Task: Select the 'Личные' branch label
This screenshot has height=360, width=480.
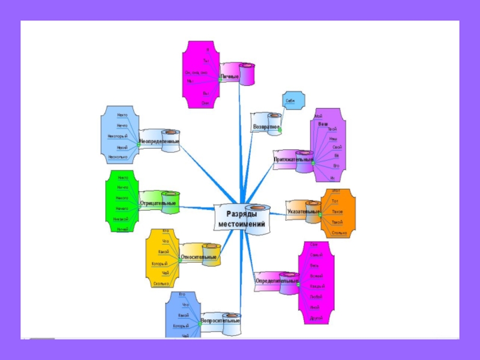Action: click(x=229, y=77)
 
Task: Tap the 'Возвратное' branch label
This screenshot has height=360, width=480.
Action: click(x=266, y=127)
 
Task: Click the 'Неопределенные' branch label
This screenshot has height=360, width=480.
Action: click(x=159, y=142)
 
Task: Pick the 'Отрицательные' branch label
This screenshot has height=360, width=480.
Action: click(x=158, y=203)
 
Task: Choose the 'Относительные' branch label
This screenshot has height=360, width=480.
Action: click(x=199, y=257)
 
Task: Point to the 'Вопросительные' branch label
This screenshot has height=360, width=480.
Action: click(x=220, y=321)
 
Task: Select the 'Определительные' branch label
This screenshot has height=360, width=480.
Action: click(x=277, y=280)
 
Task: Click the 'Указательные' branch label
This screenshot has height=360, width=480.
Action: click(x=304, y=212)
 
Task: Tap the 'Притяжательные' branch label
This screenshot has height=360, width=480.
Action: click(x=293, y=160)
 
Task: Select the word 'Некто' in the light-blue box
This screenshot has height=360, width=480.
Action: click(x=122, y=115)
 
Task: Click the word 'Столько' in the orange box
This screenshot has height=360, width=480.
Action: click(x=338, y=232)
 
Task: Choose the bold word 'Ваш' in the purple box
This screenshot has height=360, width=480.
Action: click(x=323, y=124)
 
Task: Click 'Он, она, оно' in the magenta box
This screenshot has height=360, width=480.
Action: click(x=196, y=73)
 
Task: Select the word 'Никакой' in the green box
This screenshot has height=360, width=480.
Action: click(x=121, y=219)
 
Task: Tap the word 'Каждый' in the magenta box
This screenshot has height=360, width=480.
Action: click(x=317, y=286)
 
